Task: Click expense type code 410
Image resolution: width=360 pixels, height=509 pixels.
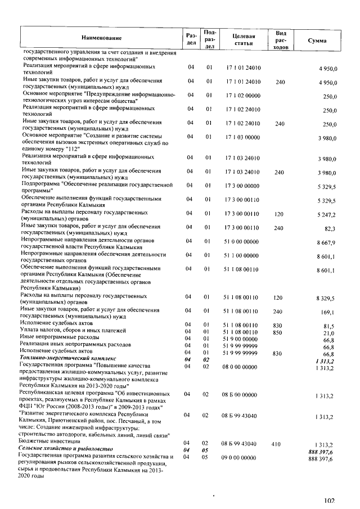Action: click(x=276, y=444)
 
